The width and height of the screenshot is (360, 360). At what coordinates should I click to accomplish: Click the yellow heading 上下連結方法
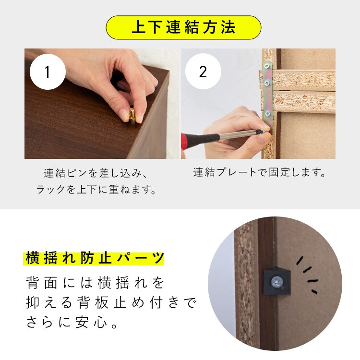[183, 27]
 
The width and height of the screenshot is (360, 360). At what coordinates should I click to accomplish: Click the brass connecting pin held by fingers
[132, 116]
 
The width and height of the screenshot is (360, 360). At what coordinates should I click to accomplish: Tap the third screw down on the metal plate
[268, 113]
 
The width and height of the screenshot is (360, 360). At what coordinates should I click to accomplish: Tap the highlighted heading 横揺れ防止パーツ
[94, 258]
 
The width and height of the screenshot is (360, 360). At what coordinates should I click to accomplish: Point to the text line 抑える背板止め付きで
[111, 303]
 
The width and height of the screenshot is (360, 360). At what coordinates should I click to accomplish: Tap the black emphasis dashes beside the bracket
[307, 275]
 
